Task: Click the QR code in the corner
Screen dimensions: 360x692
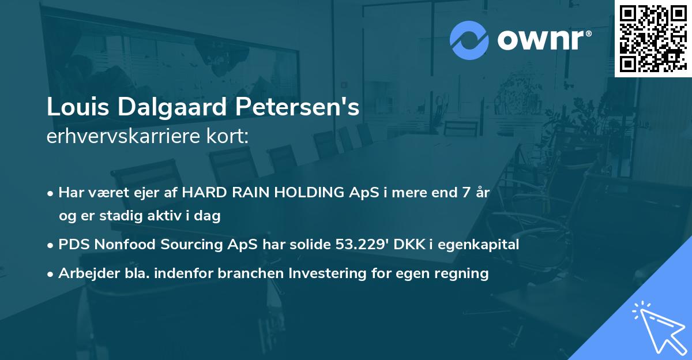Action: pos(653,39)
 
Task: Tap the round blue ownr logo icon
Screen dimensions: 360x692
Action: pos(469,40)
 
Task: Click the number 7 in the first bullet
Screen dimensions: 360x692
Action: pos(460,193)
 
